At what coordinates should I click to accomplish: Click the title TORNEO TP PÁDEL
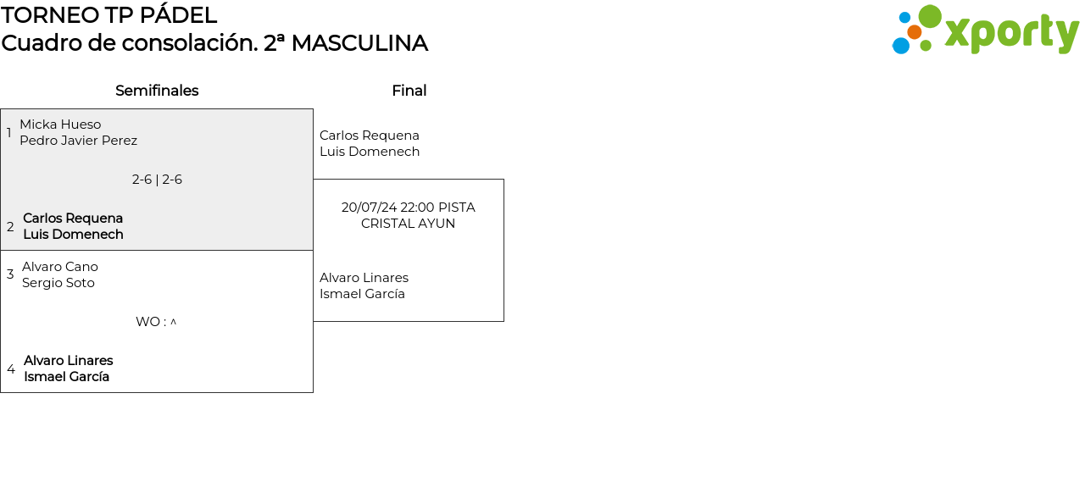pos(108,15)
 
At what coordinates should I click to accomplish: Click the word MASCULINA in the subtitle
pos(359,43)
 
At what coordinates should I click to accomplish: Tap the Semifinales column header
pos(157,91)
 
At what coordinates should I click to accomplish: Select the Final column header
pos(409,91)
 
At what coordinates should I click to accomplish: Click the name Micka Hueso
pos(60,125)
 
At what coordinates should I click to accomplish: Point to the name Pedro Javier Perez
pos(78,141)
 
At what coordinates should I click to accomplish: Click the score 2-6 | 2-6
pos(157,180)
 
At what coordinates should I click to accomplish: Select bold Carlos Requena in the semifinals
pos(73,219)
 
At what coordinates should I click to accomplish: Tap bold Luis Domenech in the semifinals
pos(73,235)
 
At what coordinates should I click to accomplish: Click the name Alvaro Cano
pos(60,267)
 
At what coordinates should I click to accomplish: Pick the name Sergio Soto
pos(58,283)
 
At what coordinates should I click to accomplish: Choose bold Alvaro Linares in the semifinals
pos(68,361)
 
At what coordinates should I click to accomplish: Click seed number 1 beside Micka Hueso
pos(9,133)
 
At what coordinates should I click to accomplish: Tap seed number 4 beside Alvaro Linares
pos(10,369)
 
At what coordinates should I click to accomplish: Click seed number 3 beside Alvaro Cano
pos(10,274)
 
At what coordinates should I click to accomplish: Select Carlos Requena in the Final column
pos(370,136)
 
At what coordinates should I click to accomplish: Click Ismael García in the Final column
pos(362,294)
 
